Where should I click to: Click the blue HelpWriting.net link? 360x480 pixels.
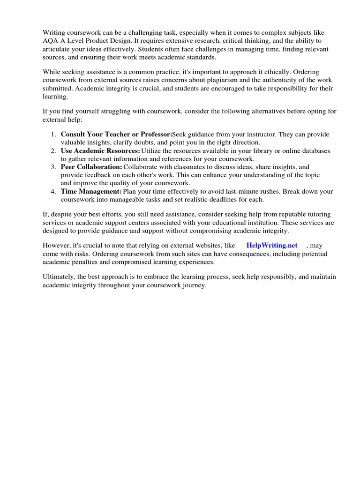[x=272, y=245]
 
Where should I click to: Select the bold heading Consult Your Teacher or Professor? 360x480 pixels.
[x=116, y=134]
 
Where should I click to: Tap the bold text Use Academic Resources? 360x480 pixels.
[x=100, y=150]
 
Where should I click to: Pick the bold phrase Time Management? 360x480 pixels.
[x=91, y=191]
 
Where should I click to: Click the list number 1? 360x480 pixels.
[x=53, y=134]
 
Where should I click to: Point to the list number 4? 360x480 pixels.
[x=53, y=191]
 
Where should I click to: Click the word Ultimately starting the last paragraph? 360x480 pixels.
[x=59, y=277]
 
